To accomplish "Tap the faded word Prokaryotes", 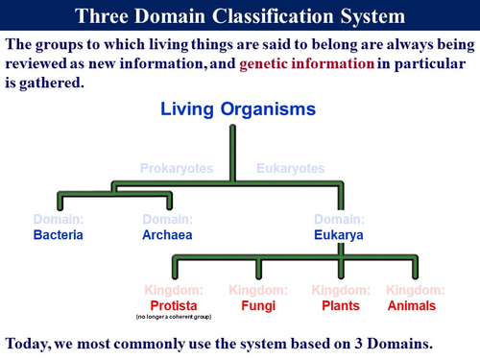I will (178, 169).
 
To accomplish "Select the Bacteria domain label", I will (60, 234).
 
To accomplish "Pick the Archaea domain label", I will (168, 234).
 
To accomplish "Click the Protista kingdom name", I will (172, 305).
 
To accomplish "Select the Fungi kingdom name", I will (256, 305).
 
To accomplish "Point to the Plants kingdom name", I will (340, 305).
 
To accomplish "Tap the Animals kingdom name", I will (411, 305).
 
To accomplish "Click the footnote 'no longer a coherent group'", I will (172, 317).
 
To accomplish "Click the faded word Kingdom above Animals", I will (411, 290).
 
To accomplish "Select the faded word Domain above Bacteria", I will (59, 220).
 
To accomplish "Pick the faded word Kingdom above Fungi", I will (256, 290).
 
